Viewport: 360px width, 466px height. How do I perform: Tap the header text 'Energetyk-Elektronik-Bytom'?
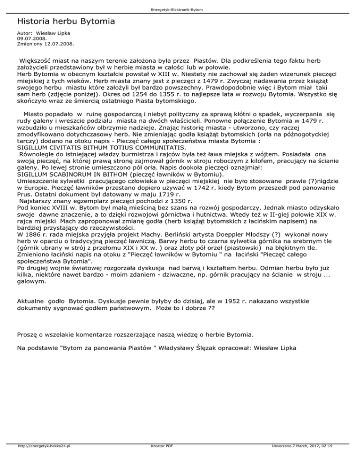(180, 9)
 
